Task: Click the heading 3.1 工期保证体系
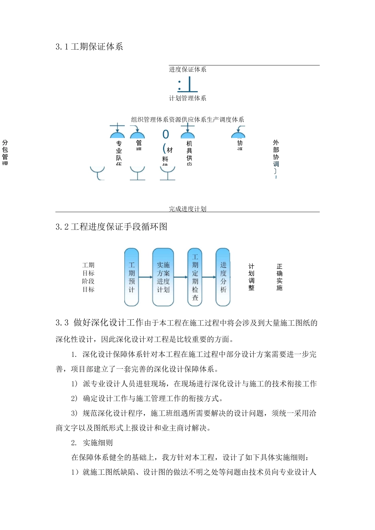89,47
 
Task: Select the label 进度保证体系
187,69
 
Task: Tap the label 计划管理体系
187,98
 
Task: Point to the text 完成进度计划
187,209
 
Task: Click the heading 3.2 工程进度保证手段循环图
111,227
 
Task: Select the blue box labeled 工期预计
131,277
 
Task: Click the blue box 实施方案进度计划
163,277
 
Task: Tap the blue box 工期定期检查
195,277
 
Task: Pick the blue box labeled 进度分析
223,277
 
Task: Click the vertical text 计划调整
251,277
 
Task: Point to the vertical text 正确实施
279,277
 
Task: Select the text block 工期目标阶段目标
88,277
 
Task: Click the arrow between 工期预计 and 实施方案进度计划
145,277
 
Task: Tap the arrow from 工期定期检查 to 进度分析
209,277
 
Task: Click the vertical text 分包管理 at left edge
5,152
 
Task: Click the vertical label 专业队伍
119,153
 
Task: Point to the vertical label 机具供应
189,153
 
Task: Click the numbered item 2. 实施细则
92,443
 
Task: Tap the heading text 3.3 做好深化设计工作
99,323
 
